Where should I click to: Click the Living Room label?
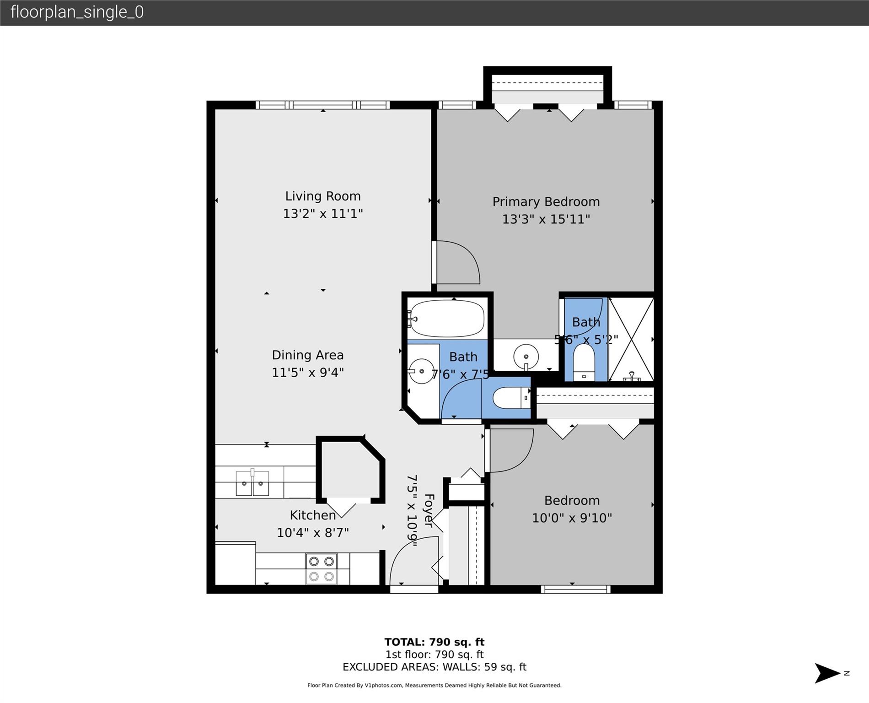[323, 196]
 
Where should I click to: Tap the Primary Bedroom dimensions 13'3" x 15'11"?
[546, 219]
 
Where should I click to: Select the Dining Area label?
[307, 355]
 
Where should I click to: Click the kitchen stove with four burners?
[321, 568]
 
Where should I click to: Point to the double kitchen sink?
[252, 483]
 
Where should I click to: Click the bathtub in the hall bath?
[446, 318]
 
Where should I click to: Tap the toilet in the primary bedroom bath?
[584, 362]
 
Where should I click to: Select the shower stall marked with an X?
[631, 339]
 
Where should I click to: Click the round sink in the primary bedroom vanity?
[526, 357]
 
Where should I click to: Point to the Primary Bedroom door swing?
[457, 262]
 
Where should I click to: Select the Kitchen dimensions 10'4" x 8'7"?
[313, 533]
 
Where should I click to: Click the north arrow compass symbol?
[828, 673]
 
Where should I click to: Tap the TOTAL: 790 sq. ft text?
[434, 642]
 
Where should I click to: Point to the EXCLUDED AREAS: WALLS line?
[434, 667]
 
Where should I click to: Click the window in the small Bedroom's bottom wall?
[575, 589]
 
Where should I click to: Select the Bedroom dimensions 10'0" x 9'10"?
[572, 518]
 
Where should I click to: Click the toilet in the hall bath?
[510, 398]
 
